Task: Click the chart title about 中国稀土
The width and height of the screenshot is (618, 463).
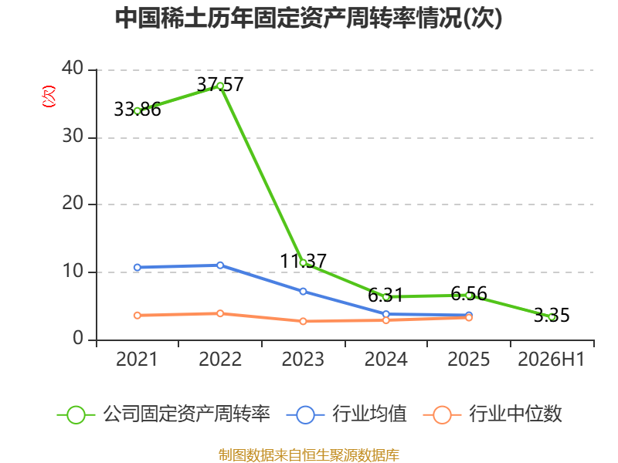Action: click(308, 18)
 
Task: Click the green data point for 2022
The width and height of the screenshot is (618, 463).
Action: click(220, 86)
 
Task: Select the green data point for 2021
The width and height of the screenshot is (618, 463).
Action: click(138, 111)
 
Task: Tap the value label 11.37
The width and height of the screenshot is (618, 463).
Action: click(303, 261)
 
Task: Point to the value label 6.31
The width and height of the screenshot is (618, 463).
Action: click(385, 296)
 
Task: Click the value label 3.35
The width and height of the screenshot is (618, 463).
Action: click(552, 315)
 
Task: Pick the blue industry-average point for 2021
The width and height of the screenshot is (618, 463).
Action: click(138, 267)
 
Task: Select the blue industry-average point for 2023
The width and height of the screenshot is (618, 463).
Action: click(303, 292)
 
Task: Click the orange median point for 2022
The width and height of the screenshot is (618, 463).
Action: click(220, 313)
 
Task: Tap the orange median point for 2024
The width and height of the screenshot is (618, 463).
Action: click(385, 320)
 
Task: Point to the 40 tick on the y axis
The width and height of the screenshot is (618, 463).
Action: click(73, 69)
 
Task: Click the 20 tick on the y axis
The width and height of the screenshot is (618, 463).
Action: click(73, 204)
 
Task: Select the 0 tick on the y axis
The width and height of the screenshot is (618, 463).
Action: click(78, 339)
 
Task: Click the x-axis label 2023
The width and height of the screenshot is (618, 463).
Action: click(303, 359)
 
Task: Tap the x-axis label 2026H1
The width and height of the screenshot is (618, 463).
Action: click(551, 359)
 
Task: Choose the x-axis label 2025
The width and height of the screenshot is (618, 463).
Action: click(469, 359)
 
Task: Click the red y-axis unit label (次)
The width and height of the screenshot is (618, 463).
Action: click(49, 96)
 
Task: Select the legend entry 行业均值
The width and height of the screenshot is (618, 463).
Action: click(347, 414)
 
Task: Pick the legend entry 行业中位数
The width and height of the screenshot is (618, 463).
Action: click(493, 414)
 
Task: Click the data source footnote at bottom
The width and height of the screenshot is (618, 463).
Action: click(309, 455)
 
